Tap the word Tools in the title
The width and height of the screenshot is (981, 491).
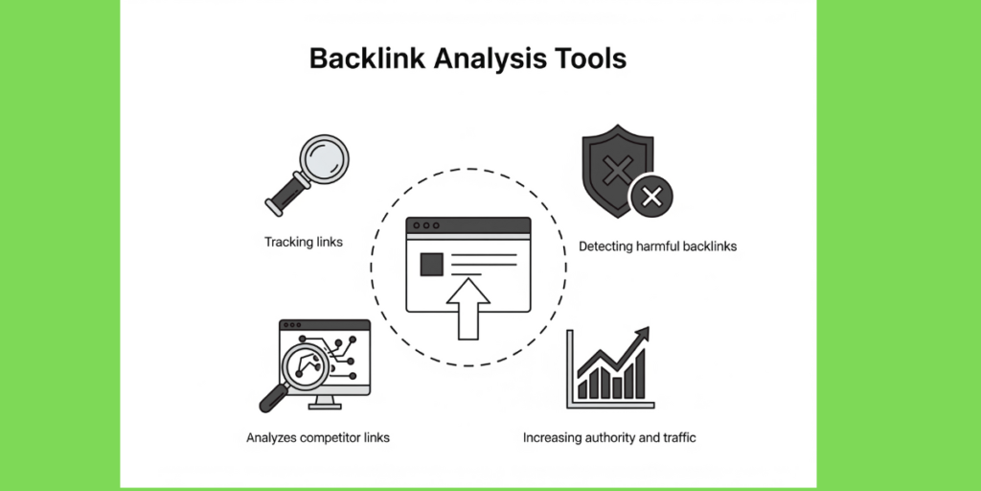pyautogui.click(x=586, y=59)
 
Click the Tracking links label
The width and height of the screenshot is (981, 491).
pyautogui.click(x=304, y=242)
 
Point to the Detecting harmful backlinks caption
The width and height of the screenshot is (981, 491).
pyautogui.click(x=657, y=246)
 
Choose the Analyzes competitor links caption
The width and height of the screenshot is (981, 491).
pyautogui.click(x=318, y=437)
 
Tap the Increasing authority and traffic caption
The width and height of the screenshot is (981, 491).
pyautogui.click(x=609, y=437)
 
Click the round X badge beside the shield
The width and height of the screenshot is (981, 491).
pyautogui.click(x=651, y=198)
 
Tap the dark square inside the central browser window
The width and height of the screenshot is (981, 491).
pyautogui.click(x=432, y=264)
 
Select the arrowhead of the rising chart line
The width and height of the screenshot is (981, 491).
pyautogui.click(x=641, y=336)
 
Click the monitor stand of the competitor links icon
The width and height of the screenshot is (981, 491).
pyautogui.click(x=326, y=401)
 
